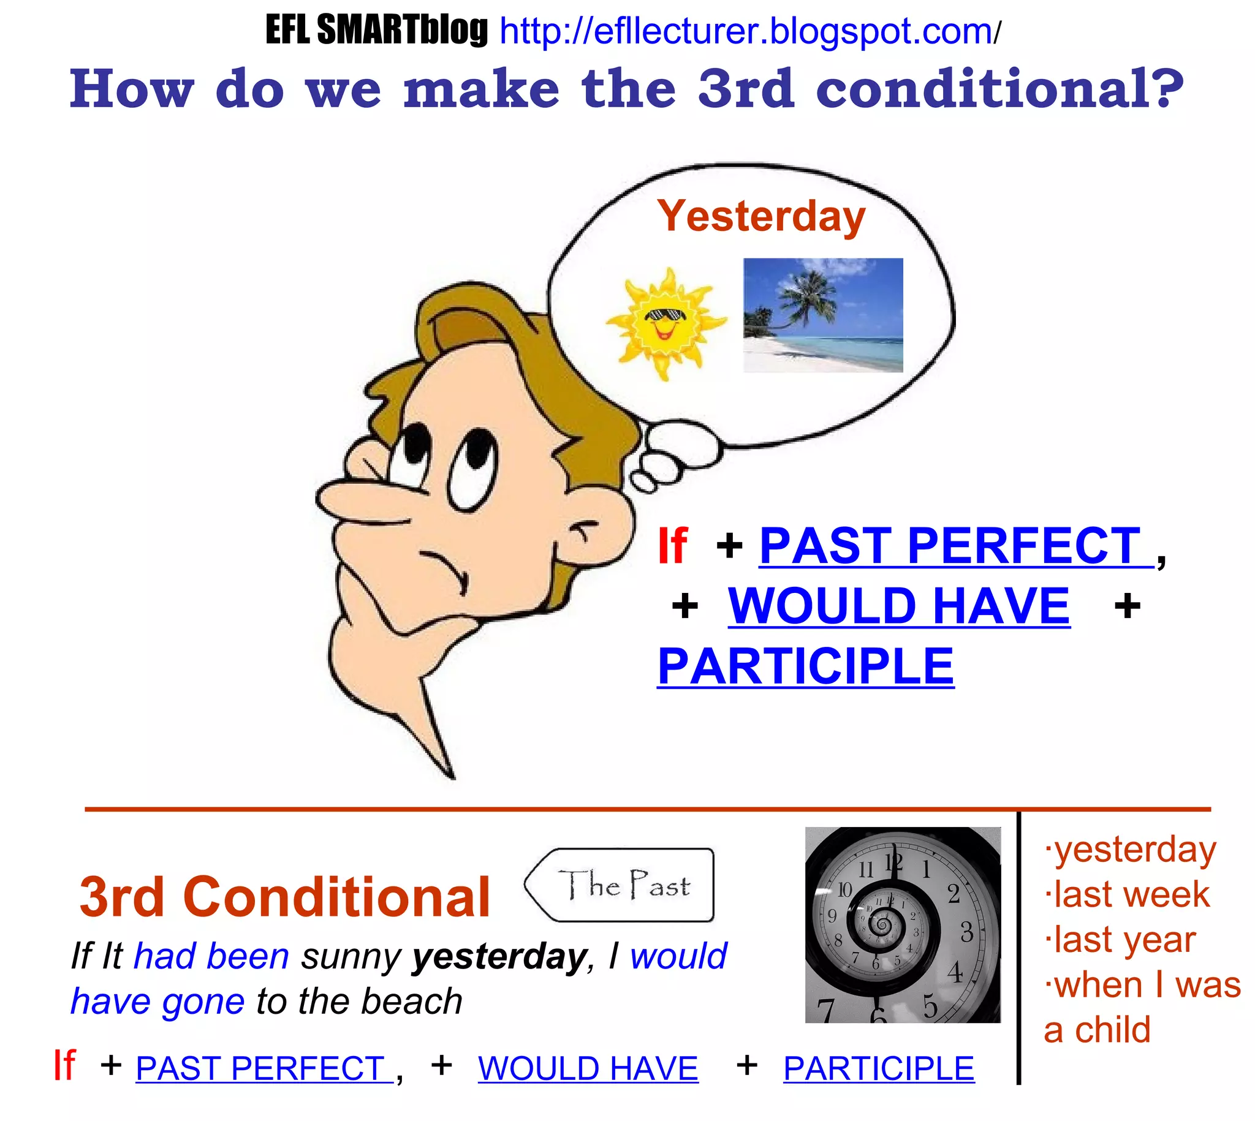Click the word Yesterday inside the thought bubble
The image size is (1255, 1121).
pyautogui.click(x=761, y=217)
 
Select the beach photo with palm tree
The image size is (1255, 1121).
pyautogui.click(x=823, y=315)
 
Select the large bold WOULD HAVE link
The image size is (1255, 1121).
pyautogui.click(x=899, y=606)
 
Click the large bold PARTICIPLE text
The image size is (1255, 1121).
pyautogui.click(x=806, y=666)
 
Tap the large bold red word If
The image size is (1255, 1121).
pyautogui.click(x=672, y=546)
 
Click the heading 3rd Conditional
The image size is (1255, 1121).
pyautogui.click(x=284, y=897)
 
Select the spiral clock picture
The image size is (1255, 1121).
pyautogui.click(x=903, y=925)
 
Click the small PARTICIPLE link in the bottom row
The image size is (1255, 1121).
pyautogui.click(x=879, y=1068)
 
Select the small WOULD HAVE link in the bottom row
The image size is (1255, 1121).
pyautogui.click(x=588, y=1068)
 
